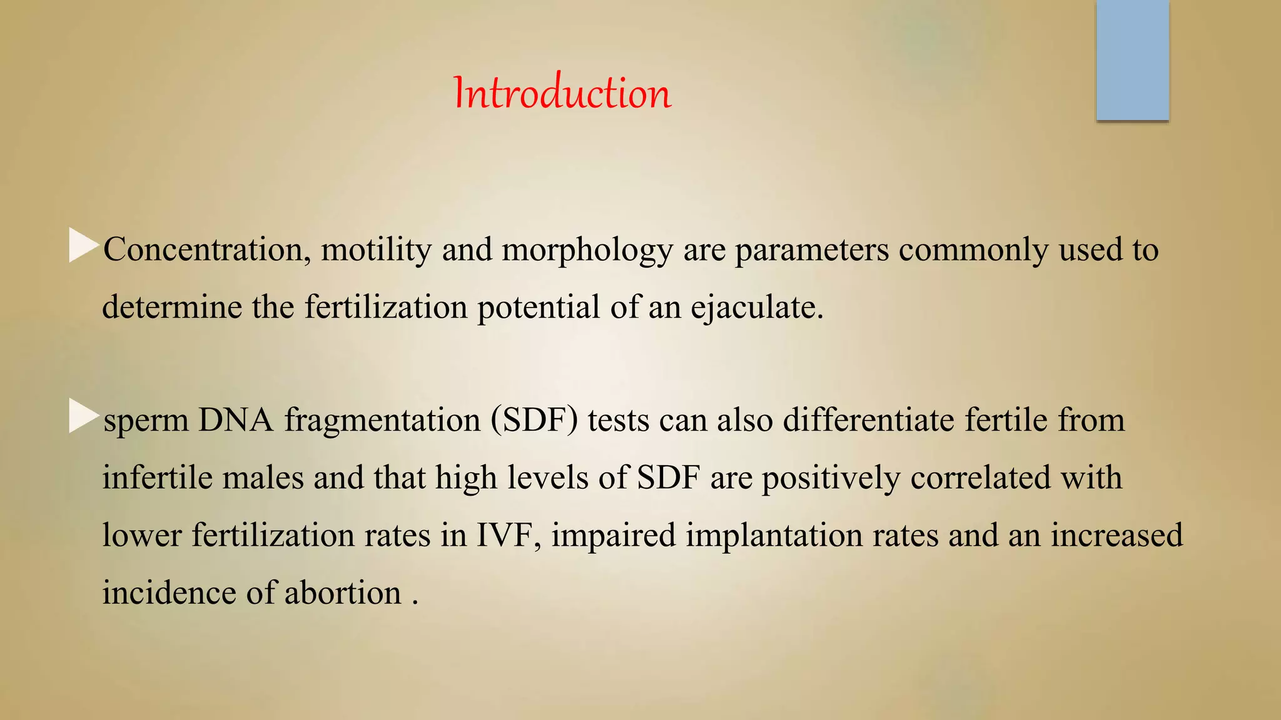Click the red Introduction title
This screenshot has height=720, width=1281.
[x=562, y=94]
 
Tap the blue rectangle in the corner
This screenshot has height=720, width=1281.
[x=1132, y=60]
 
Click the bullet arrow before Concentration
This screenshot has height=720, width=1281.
[x=83, y=246]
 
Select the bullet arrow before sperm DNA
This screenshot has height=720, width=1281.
[x=83, y=416]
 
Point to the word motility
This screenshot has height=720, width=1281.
[x=376, y=250]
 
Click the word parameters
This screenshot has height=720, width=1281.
[x=811, y=250]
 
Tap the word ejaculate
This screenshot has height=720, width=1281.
[x=757, y=308]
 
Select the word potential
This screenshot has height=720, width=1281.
[x=539, y=308]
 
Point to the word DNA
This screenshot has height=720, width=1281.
[x=236, y=420]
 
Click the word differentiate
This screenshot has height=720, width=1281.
[x=868, y=420]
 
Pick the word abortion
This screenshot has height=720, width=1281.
[x=343, y=593]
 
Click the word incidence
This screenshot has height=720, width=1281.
[x=170, y=593]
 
